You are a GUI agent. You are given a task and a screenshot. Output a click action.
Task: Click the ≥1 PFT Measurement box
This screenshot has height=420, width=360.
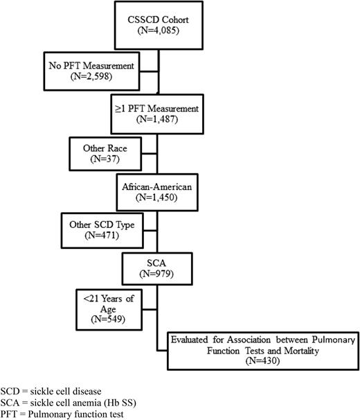(x=157, y=114)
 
